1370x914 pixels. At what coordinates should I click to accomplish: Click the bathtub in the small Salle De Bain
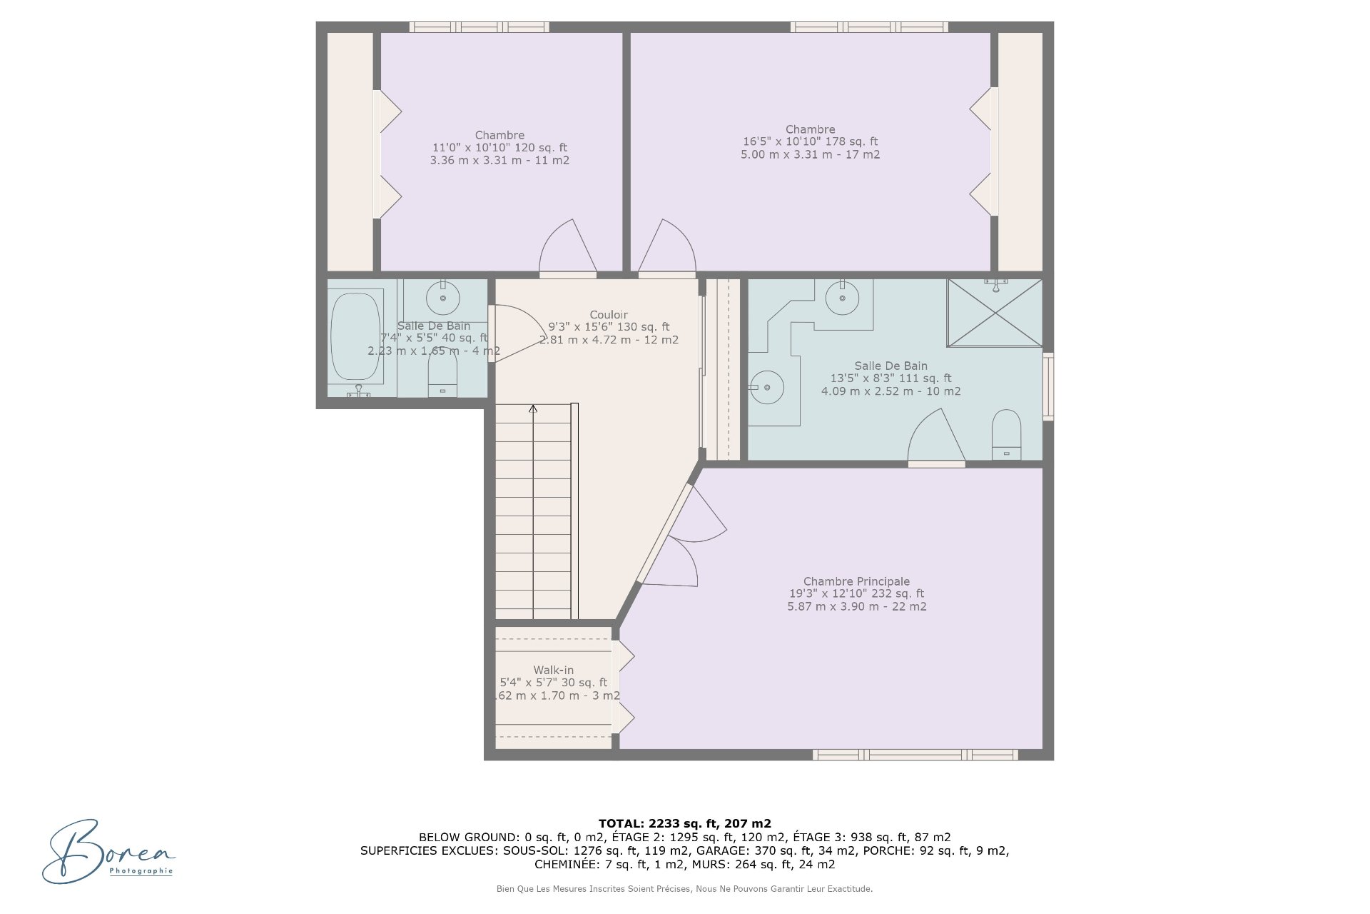356,337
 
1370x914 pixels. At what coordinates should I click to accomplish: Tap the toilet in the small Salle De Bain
442,375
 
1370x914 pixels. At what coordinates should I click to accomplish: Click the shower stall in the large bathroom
995,313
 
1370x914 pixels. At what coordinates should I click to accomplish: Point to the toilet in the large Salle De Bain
1006,434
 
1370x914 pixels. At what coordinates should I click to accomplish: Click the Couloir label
609,315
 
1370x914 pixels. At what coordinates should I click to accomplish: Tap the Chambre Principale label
856,581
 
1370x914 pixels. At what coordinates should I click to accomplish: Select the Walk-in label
554,670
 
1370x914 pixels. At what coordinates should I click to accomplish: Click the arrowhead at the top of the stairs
533,408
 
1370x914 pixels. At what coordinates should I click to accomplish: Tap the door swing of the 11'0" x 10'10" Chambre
568,247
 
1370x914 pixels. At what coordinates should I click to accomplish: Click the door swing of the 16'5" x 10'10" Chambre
666,247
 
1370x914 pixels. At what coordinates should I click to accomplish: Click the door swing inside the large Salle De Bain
937,436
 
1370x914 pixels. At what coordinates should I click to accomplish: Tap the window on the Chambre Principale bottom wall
915,755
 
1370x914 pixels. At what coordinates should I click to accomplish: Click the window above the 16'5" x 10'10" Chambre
869,27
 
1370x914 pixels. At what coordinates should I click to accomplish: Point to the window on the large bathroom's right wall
1048,386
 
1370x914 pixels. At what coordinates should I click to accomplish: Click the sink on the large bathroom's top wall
842,297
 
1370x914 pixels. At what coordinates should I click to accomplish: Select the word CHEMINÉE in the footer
564,864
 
